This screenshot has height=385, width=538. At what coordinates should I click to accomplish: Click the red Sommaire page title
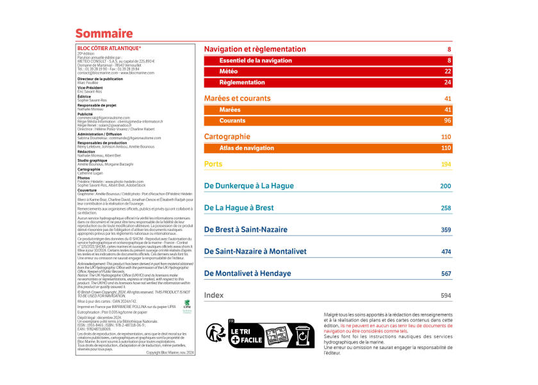point(104,33)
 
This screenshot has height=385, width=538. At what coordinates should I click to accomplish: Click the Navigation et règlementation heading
point(255,49)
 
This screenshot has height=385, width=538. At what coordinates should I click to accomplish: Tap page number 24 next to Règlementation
point(447,83)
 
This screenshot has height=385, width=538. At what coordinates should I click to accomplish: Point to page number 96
point(447,121)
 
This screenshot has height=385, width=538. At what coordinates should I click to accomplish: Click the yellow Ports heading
point(213,164)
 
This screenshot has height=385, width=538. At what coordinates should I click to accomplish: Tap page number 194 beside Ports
point(446,164)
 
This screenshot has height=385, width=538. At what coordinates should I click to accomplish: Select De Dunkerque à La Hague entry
point(249,186)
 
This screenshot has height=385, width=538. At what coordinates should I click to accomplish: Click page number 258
point(446,208)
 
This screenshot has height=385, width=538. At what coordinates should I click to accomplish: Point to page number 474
point(446,252)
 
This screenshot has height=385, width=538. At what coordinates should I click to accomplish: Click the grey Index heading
point(214,295)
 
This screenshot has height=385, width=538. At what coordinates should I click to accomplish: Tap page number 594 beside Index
point(446,295)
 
